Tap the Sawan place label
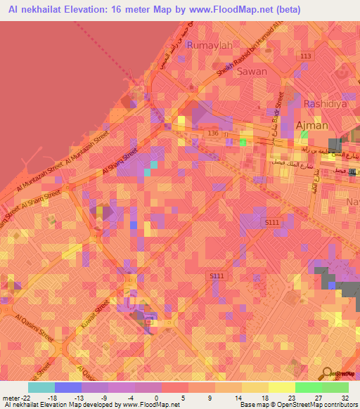click(x=252, y=71)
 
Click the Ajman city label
click(x=312, y=126)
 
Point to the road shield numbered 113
click(x=304, y=56)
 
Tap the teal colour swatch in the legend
click(x=41, y=387)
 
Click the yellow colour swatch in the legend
click(x=281, y=387)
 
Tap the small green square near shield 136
click(x=243, y=142)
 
